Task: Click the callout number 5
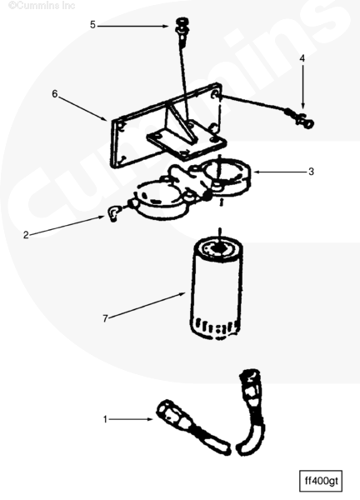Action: [x=92, y=25]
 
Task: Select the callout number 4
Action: [x=302, y=58]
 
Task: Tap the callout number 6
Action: [x=55, y=93]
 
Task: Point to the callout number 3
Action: [x=311, y=172]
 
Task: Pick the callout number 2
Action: [x=26, y=235]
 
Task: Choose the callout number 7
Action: [x=105, y=318]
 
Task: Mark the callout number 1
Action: [x=105, y=419]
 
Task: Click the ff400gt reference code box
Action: [x=321, y=481]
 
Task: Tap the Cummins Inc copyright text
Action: [x=42, y=6]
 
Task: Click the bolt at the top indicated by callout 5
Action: [x=182, y=31]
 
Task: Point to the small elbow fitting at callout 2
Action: [x=114, y=213]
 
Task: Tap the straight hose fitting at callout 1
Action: [x=193, y=426]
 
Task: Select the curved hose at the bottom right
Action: [x=252, y=412]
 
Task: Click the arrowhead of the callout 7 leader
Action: [x=182, y=293]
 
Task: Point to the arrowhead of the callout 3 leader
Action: [x=257, y=172]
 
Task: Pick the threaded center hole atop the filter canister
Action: [x=218, y=247]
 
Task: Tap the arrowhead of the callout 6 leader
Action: [x=105, y=119]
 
